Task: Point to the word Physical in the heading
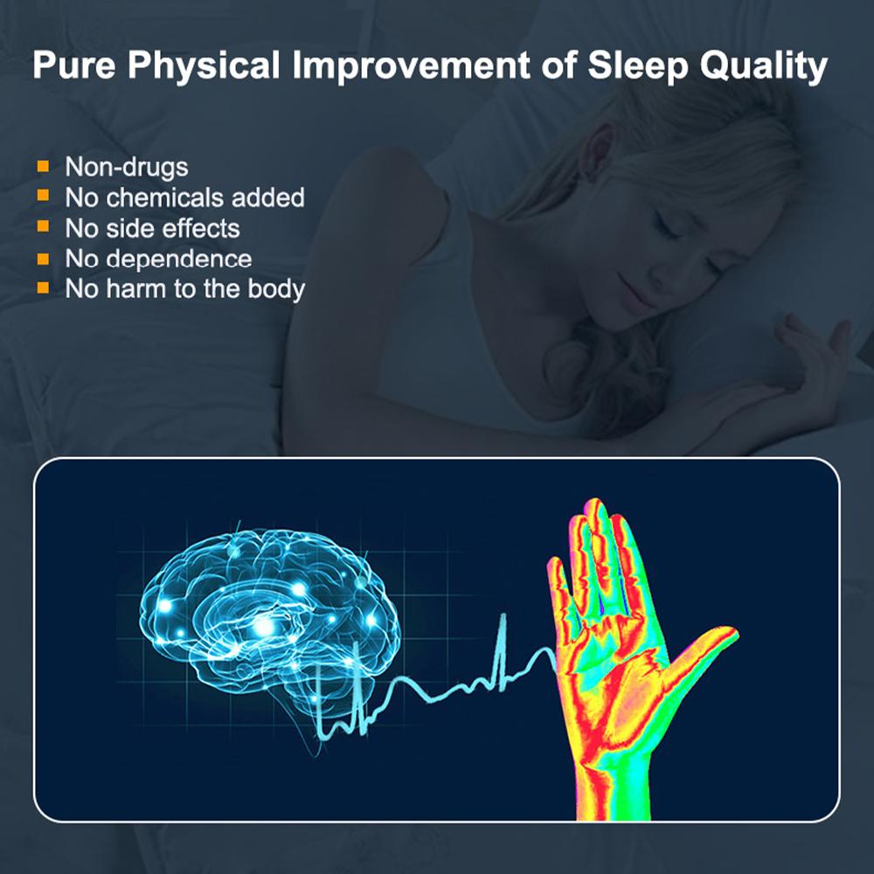(x=216, y=66)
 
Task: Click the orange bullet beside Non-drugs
(x=42, y=165)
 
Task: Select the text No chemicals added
(x=184, y=198)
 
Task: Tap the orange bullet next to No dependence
(x=42, y=258)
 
